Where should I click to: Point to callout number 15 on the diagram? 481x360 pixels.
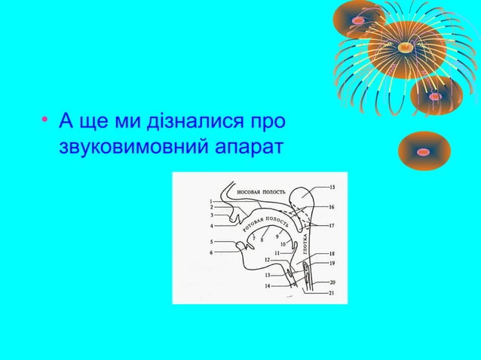pyautogui.click(x=332, y=187)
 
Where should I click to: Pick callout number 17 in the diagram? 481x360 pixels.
pyautogui.click(x=332, y=225)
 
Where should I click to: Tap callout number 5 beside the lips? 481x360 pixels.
pyautogui.click(x=211, y=242)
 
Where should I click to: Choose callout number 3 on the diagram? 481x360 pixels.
pyautogui.click(x=211, y=215)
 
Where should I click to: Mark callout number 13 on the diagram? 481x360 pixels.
pyautogui.click(x=268, y=276)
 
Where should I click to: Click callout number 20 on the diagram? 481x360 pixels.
pyautogui.click(x=332, y=282)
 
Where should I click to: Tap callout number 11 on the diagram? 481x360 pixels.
pyautogui.click(x=277, y=253)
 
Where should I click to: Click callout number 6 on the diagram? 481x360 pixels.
pyautogui.click(x=211, y=252)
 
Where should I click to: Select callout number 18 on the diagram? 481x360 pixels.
pyautogui.click(x=332, y=255)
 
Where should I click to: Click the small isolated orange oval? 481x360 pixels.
pyautogui.click(x=423, y=151)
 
